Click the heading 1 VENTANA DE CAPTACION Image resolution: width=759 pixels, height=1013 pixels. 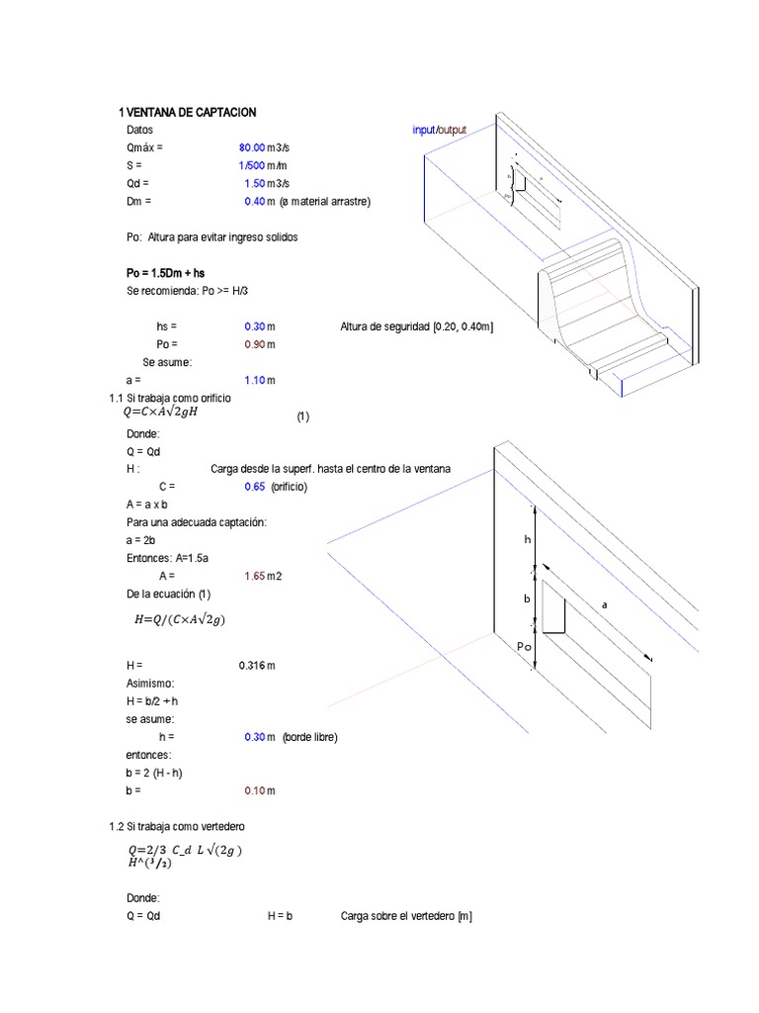pyautogui.click(x=187, y=113)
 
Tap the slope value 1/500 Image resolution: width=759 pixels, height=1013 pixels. pyautogui.click(x=245, y=165)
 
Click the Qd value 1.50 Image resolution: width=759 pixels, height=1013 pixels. pyautogui.click(x=254, y=183)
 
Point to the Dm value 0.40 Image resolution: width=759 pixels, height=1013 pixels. pyautogui.click(x=254, y=201)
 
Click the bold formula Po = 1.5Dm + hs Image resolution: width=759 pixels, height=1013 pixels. pyautogui.click(x=166, y=272)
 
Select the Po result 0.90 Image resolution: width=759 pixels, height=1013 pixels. pyautogui.click(x=254, y=344)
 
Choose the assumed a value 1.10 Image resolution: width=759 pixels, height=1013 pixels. pyautogui.click(x=254, y=380)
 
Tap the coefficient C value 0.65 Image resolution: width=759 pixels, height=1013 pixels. pyautogui.click(x=254, y=487)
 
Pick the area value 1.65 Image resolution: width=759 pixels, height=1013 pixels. pyautogui.click(x=254, y=576)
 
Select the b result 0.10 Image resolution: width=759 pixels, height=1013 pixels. pyautogui.click(x=254, y=790)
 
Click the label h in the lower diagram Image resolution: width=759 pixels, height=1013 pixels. pyautogui.click(x=528, y=539)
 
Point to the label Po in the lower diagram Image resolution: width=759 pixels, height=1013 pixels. pyautogui.click(x=524, y=646)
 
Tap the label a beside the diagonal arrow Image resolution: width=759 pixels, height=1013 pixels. pyautogui.click(x=604, y=603)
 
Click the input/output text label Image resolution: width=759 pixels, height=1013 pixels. pyautogui.click(x=439, y=130)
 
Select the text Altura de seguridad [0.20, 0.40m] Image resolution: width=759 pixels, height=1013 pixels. pyautogui.click(x=416, y=326)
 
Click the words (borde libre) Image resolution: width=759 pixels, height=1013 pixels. pyautogui.click(x=309, y=737)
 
